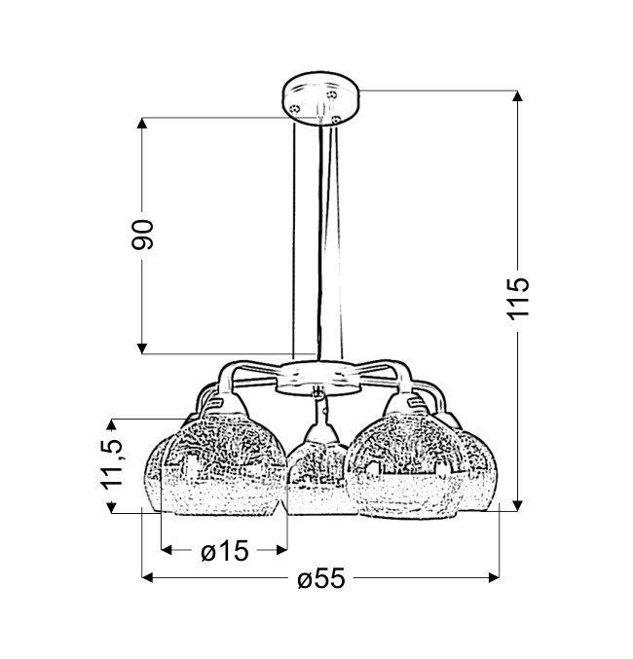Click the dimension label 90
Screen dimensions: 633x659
pyautogui.click(x=142, y=235)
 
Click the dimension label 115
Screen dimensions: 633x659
pyautogui.click(x=518, y=298)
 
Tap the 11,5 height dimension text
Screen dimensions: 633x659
pyautogui.click(x=111, y=465)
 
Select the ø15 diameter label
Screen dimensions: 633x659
pyautogui.click(x=225, y=551)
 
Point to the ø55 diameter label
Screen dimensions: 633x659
pyautogui.click(x=321, y=578)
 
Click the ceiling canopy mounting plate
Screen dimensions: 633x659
pyautogui.click(x=320, y=98)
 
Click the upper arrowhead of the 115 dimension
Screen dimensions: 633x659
pyautogui.click(x=518, y=95)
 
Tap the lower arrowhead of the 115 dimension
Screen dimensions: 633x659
pyautogui.click(x=518, y=506)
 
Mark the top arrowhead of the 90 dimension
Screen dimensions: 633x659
pyautogui.click(x=142, y=123)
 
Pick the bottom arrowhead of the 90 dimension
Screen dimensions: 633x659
pyautogui.click(x=142, y=348)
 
